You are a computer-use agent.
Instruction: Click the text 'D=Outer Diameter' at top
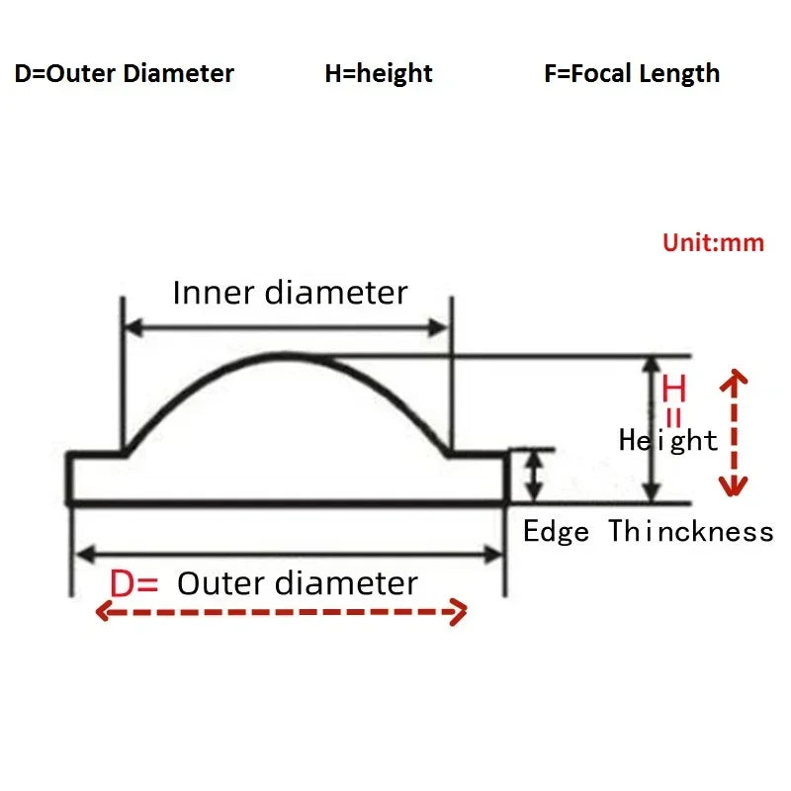point(125,74)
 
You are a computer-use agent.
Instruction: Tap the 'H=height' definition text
point(379,74)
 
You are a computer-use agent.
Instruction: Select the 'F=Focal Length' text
point(632,74)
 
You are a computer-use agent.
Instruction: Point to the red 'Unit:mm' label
point(713,243)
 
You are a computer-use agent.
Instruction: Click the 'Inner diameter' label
point(290,293)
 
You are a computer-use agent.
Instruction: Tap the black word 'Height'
point(668,440)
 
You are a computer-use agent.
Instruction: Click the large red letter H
point(674,388)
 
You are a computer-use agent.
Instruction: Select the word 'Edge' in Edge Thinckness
point(556,532)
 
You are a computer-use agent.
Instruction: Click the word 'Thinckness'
point(690,532)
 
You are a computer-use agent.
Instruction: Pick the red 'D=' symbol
point(133,583)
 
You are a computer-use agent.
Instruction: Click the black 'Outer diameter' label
point(298,583)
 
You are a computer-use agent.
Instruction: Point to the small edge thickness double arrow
point(534,476)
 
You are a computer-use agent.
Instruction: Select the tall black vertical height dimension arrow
point(651,429)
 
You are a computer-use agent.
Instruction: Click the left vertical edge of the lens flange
point(70,479)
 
